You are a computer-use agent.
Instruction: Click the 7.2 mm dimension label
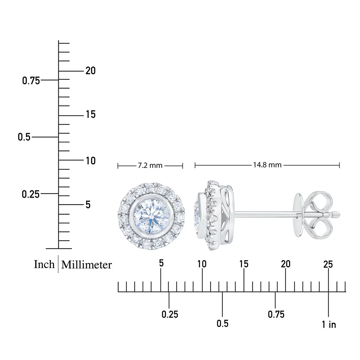tap(150, 166)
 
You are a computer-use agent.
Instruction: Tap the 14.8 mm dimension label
tap(267, 165)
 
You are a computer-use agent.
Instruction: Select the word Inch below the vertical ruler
tap(44, 264)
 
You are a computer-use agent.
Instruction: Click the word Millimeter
tap(86, 265)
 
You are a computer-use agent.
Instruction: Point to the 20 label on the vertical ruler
tap(91, 71)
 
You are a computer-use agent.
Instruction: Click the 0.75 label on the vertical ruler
tap(31, 81)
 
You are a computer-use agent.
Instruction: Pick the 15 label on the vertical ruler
tap(91, 114)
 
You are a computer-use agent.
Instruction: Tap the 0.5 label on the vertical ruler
tap(24, 137)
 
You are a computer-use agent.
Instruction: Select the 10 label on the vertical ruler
tap(91, 161)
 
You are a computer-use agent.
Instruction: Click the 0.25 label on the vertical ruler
tap(31, 194)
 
